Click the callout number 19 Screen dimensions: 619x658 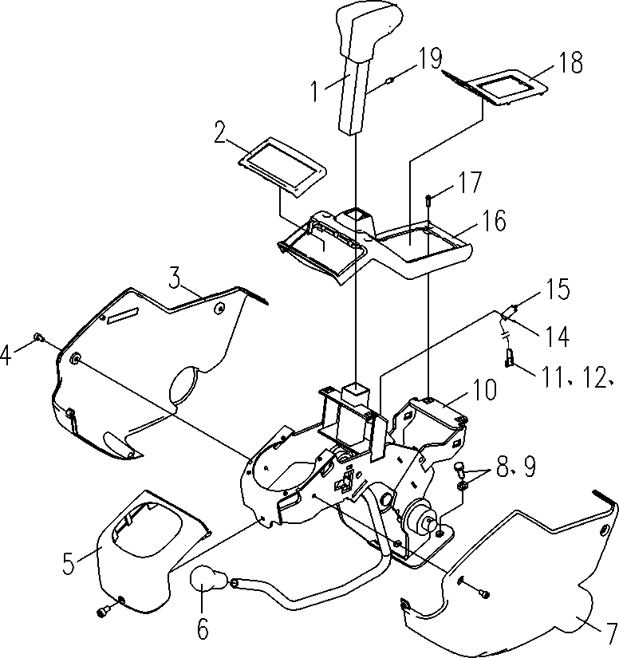[430, 58]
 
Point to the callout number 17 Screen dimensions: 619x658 [470, 182]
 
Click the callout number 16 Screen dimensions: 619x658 [494, 220]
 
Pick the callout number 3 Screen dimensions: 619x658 [175, 278]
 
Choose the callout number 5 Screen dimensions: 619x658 [69, 563]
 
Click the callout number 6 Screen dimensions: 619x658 [203, 628]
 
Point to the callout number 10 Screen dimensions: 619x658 [484, 389]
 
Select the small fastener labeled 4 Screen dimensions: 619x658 [38, 337]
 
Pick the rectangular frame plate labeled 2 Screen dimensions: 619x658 [282, 167]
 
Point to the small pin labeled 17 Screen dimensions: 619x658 [428, 200]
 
